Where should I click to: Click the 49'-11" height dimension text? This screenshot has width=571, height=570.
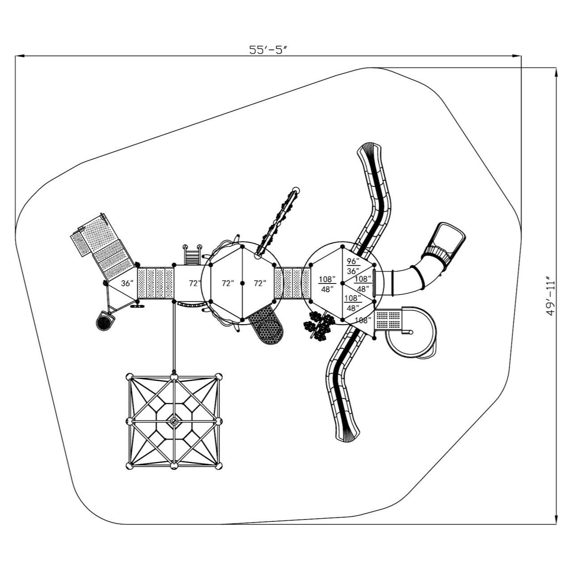pyautogui.click(x=551, y=298)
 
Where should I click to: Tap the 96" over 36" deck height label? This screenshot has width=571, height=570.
pyautogui.click(x=353, y=266)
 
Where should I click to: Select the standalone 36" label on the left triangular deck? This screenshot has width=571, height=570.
pyautogui.click(x=127, y=283)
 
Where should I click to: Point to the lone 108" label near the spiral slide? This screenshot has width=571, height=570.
pyautogui.click(x=363, y=320)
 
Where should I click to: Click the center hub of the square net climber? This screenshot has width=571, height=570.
pyautogui.click(x=174, y=421)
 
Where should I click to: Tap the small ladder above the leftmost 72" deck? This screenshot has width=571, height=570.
pyautogui.click(x=192, y=256)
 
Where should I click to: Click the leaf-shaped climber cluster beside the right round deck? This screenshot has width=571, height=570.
pyautogui.click(x=319, y=325)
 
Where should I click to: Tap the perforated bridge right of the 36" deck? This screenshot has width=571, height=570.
pyautogui.click(x=155, y=283)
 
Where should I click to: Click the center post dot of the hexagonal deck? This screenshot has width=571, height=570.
pyautogui.click(x=242, y=283)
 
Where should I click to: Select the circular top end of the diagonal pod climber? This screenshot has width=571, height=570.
pyautogui.click(x=296, y=190)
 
